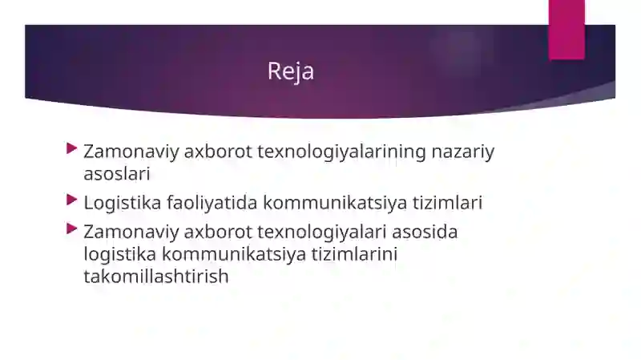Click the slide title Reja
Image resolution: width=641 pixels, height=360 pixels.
(x=291, y=71)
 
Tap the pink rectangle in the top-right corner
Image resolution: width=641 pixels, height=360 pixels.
(x=566, y=29)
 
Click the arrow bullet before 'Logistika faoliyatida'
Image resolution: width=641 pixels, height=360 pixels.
(x=72, y=200)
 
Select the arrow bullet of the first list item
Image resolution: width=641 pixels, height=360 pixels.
(x=72, y=149)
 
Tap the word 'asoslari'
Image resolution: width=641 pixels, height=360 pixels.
(x=117, y=174)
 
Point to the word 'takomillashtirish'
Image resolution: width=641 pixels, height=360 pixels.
(x=156, y=277)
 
